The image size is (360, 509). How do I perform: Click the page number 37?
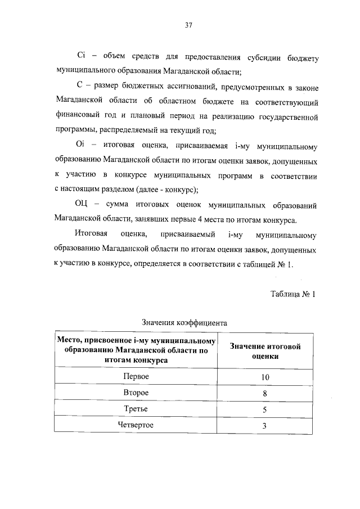(189, 24)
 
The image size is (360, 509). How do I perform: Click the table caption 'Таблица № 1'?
(294, 294)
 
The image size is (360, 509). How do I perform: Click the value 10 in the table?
(265, 376)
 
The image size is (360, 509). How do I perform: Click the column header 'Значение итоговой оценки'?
(265, 351)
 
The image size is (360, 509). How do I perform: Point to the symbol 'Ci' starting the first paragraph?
(81, 57)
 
